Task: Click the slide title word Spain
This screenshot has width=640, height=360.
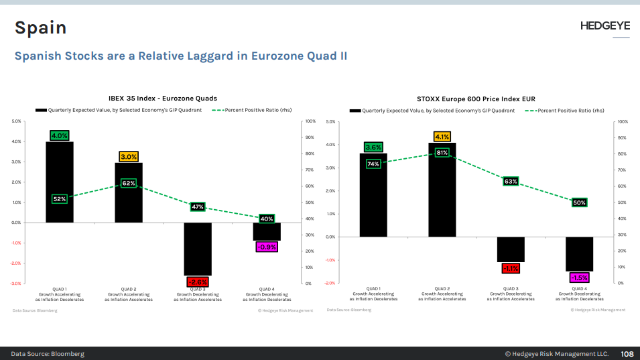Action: (41, 27)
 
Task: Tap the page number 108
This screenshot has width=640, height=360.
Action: (627, 353)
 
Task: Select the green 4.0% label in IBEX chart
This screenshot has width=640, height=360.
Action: (60, 135)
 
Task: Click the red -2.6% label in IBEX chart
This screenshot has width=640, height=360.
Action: (198, 282)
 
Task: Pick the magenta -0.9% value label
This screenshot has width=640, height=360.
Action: (267, 247)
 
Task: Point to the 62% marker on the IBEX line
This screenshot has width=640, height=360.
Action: (129, 183)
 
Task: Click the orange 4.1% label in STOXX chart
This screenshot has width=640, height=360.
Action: (442, 137)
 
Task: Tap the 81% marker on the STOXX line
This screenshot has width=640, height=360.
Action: (442, 152)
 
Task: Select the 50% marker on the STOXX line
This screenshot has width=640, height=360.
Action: (580, 202)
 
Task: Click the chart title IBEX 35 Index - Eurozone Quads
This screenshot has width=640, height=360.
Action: (163, 99)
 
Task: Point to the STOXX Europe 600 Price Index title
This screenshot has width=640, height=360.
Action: (476, 99)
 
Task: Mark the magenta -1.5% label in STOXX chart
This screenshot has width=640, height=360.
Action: (580, 278)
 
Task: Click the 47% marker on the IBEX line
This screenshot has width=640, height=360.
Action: (198, 207)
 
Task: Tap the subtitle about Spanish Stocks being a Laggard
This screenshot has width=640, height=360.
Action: (181, 56)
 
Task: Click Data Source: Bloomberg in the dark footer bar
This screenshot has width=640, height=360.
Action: (48, 353)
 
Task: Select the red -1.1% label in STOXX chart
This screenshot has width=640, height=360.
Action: (511, 268)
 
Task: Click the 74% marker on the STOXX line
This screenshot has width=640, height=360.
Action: (373, 164)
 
